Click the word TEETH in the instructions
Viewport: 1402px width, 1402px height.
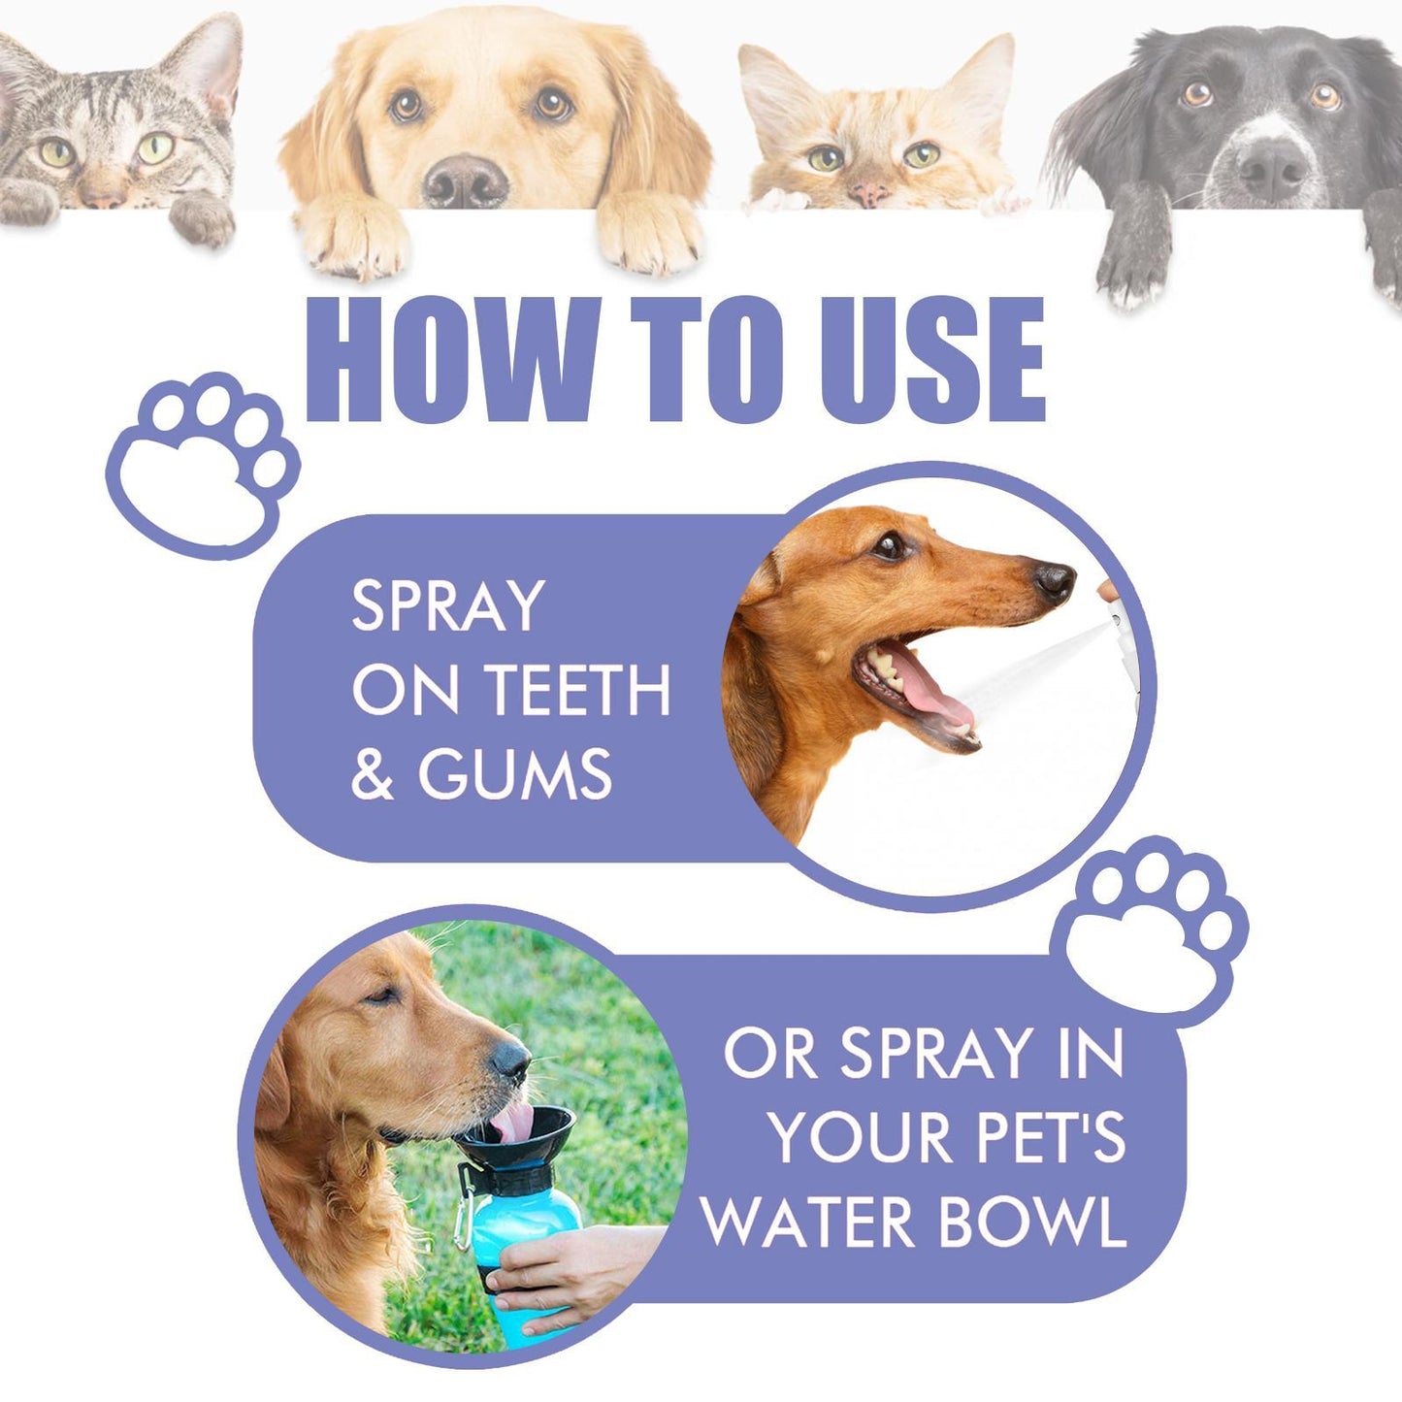(x=578, y=690)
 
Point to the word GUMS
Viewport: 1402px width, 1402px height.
(x=515, y=774)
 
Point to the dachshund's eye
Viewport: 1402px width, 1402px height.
(x=888, y=545)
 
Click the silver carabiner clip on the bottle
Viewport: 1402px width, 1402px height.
(x=464, y=1213)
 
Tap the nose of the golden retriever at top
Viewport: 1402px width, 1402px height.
(x=466, y=180)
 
